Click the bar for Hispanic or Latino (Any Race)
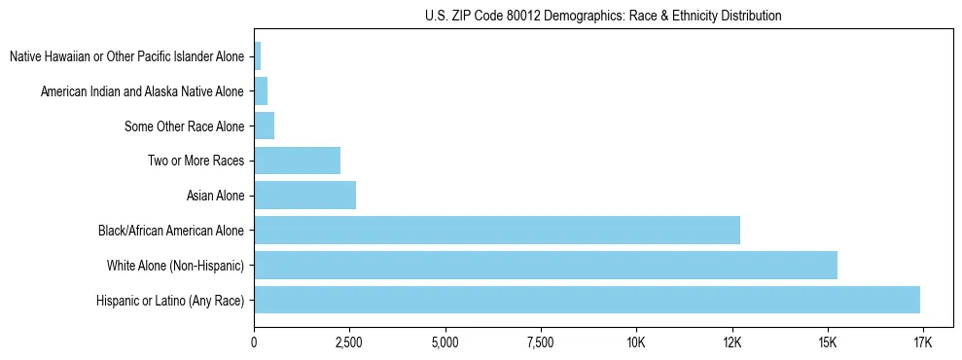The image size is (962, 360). [587, 300]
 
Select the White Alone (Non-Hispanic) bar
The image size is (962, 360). [545, 265]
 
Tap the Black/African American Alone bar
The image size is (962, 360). [496, 231]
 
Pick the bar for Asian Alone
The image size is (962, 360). [304, 196]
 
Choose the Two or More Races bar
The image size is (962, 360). [297, 161]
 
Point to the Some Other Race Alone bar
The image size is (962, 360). [264, 126]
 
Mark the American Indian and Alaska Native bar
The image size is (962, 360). [261, 91]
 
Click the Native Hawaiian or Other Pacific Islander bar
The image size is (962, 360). [258, 56]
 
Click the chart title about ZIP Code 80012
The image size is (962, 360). [603, 16]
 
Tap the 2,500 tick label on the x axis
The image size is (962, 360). [349, 342]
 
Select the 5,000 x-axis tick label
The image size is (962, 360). [445, 342]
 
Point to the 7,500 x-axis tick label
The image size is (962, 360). [540, 342]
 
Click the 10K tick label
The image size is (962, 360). [636, 342]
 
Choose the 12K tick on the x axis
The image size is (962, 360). [731, 342]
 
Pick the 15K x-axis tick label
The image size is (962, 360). [827, 342]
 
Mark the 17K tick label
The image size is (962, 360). [923, 342]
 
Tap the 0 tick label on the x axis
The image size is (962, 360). [254, 342]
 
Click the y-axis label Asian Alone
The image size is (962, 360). [215, 197]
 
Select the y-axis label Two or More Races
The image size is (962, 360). [196, 162]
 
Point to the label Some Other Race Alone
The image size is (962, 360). [185, 126]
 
